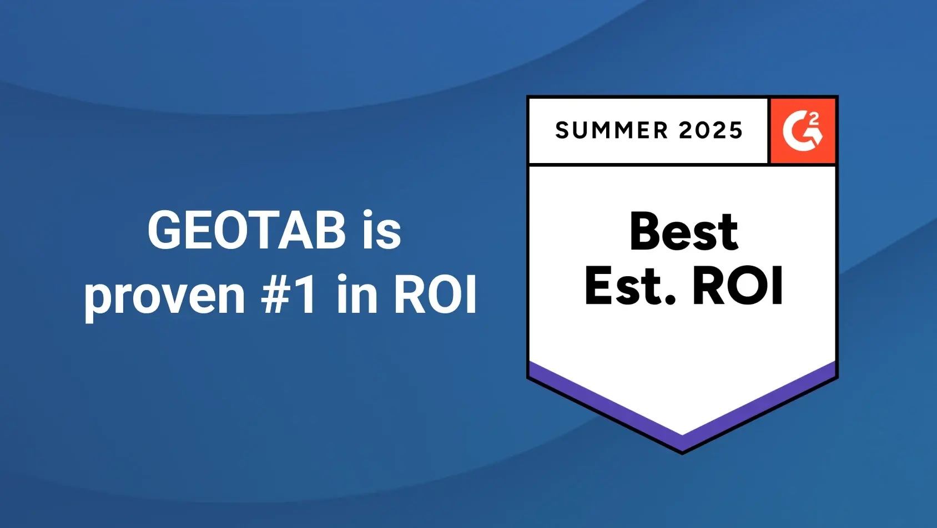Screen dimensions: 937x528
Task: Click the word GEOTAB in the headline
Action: click(247, 230)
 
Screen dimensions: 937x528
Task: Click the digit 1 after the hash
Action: click(305, 294)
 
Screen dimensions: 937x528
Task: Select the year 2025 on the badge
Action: click(711, 130)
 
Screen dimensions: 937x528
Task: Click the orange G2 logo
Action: click(803, 130)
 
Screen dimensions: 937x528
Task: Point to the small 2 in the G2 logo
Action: click(814, 119)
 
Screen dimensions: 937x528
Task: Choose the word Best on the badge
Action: click(683, 231)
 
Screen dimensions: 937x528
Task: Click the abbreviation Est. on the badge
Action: click(630, 286)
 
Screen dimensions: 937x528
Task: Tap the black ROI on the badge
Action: click(738, 286)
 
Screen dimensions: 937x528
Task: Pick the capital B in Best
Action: click(646, 231)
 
